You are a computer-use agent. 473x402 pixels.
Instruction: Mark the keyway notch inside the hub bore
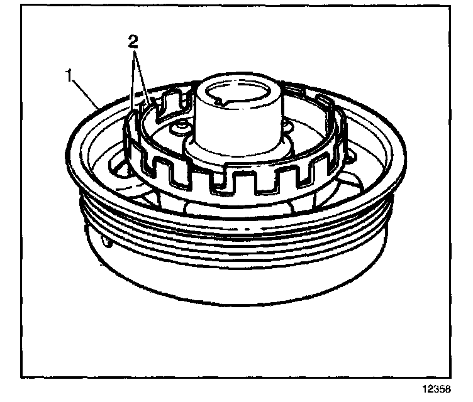point(218,99)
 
